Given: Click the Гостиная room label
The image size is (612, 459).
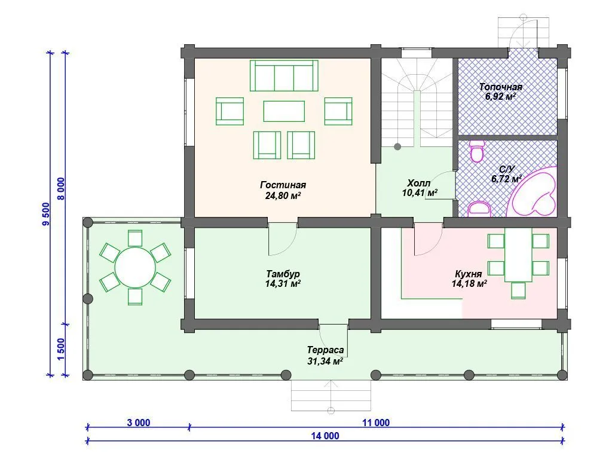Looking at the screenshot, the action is [283, 185].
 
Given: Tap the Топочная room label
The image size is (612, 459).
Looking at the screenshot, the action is [501, 87].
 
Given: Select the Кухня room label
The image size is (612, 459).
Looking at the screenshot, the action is [469, 274].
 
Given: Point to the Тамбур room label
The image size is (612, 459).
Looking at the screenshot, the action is [283, 274].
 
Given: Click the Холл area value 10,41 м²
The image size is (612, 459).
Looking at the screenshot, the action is [420, 192].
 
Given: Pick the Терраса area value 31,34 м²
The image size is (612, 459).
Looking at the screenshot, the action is [325, 362].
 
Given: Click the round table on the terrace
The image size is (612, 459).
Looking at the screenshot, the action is [135, 267].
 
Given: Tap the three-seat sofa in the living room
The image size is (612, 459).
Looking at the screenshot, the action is [284, 75].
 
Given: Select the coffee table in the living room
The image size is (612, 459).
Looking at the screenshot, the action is [284, 111].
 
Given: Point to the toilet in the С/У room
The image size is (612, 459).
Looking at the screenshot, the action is [476, 151].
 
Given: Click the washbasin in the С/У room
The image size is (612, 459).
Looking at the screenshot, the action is [479, 209].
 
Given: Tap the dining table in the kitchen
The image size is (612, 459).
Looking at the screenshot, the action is [518, 255].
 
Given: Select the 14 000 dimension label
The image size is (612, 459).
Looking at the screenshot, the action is [325, 436].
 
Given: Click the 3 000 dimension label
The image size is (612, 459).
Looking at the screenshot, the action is [139, 423].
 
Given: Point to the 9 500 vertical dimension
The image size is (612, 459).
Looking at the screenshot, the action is [46, 214].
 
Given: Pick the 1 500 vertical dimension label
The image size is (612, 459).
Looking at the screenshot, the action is [61, 349].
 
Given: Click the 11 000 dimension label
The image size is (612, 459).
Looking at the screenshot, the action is [376, 423].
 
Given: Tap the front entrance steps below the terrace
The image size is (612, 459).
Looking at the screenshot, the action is [331, 396].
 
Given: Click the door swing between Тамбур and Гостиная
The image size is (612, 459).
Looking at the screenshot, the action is [283, 240].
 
